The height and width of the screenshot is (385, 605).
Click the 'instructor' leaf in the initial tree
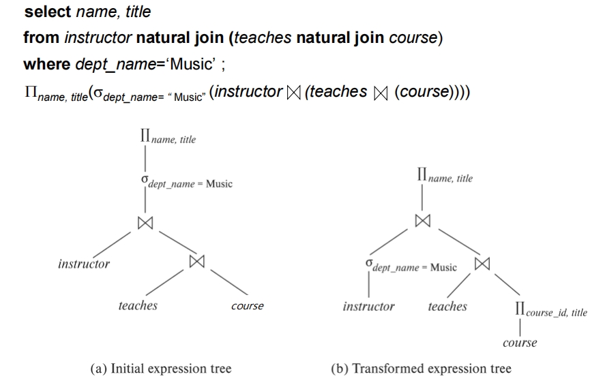84,264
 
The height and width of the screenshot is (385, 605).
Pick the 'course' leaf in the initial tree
246,306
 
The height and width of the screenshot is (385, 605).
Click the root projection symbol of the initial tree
144,139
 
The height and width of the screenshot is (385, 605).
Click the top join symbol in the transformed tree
422,220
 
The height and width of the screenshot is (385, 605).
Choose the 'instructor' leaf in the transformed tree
368,306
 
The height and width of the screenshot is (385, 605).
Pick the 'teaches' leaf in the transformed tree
447,306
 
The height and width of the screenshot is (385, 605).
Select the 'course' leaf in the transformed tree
519,343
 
